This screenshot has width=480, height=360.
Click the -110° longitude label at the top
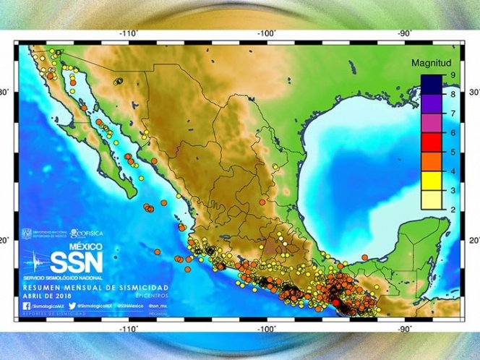129,33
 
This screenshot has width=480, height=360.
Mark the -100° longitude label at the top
267,33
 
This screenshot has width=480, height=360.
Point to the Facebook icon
26,306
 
